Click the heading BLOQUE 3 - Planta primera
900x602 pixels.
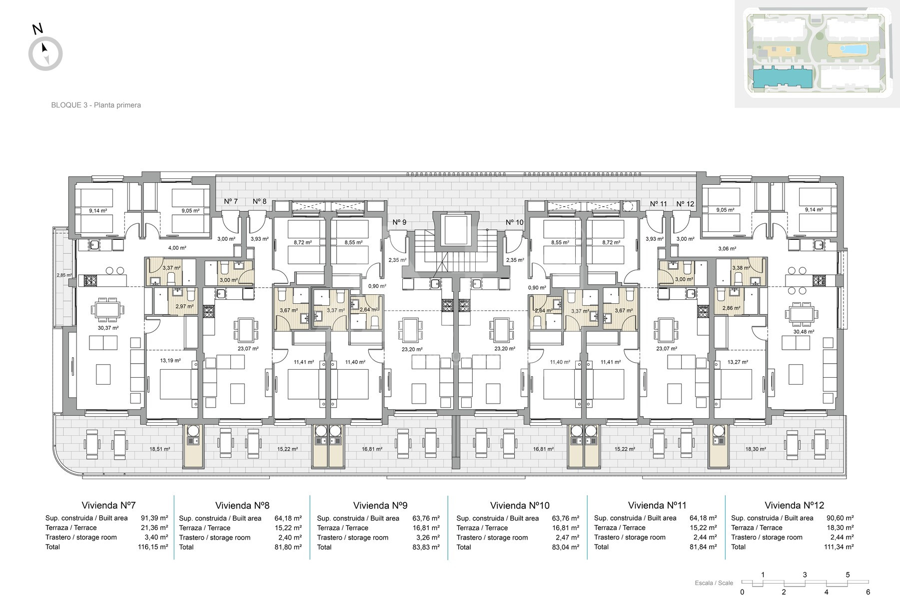pyautogui.click(x=96, y=105)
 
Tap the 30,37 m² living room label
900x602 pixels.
pyautogui.click(x=108, y=328)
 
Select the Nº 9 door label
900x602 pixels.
pyautogui.click(x=399, y=222)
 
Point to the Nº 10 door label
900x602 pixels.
pyautogui.click(x=515, y=222)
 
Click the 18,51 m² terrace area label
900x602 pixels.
pyautogui.click(x=159, y=449)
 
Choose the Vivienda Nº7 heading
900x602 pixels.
pyautogui.click(x=108, y=505)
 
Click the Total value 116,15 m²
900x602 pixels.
pyautogui.click(x=153, y=547)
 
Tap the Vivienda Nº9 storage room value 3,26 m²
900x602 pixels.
pyautogui.click(x=427, y=538)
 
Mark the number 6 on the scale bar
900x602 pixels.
pyautogui.click(x=868, y=593)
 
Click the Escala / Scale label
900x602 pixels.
pyautogui.click(x=714, y=583)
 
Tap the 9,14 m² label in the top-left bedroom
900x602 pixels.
pyautogui.click(x=98, y=210)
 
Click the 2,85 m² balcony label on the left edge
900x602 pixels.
pyautogui.click(x=64, y=275)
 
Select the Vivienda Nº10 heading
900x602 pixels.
pyautogui.click(x=520, y=506)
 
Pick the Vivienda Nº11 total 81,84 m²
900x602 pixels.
pyautogui.click(x=703, y=547)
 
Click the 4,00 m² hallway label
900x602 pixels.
pyautogui.click(x=177, y=248)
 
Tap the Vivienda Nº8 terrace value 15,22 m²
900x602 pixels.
pyautogui.click(x=288, y=528)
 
